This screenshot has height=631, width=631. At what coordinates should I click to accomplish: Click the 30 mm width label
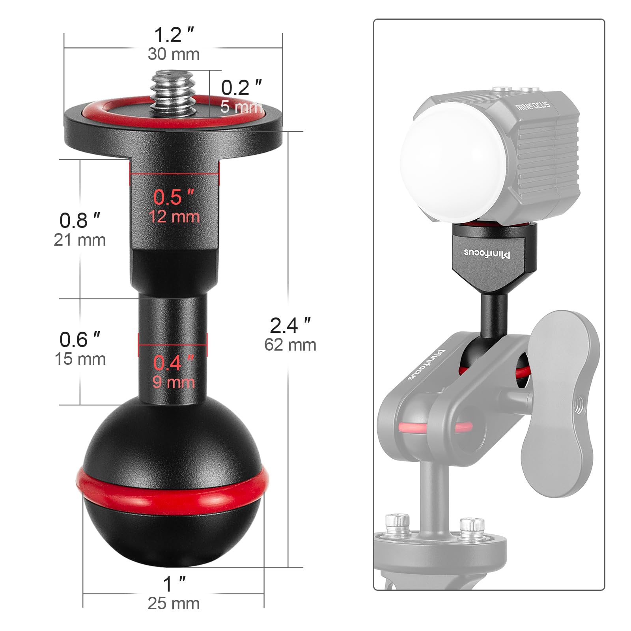pyautogui.click(x=174, y=54)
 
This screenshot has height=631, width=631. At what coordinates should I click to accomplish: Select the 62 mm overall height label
pyautogui.click(x=290, y=345)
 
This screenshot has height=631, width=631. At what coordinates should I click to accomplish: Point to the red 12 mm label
pyautogui.click(x=174, y=217)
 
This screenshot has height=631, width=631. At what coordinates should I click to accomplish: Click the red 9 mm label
pyautogui.click(x=174, y=383)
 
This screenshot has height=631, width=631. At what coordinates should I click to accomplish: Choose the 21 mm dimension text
pyautogui.click(x=80, y=240)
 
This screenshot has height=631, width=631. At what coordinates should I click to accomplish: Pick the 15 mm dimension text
pyautogui.click(x=80, y=359)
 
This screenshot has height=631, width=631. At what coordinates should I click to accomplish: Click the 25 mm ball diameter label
pyautogui.click(x=174, y=603)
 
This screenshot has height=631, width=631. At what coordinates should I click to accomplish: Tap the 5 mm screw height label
pyautogui.click(x=241, y=107)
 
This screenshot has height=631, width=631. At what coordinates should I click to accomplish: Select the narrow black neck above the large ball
pyautogui.click(x=173, y=351)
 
